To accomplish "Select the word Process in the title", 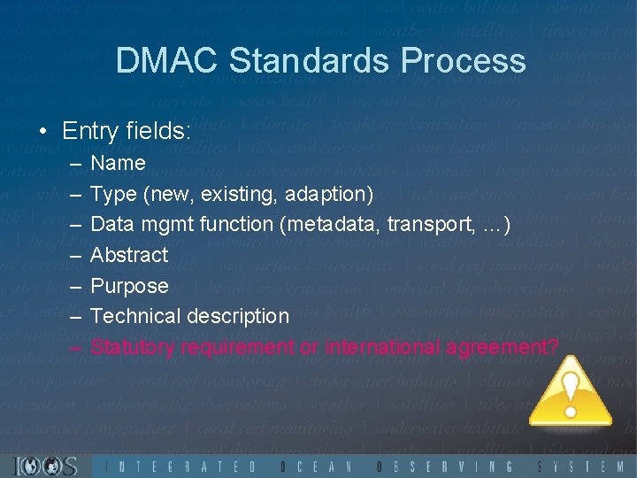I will [464, 61].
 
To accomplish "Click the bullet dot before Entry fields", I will [42, 132].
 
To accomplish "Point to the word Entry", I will [91, 132].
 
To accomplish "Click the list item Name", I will [118, 163].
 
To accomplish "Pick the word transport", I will [431, 224].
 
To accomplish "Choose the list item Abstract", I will [129, 255].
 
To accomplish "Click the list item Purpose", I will [129, 286].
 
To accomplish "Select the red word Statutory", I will [133, 347].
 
